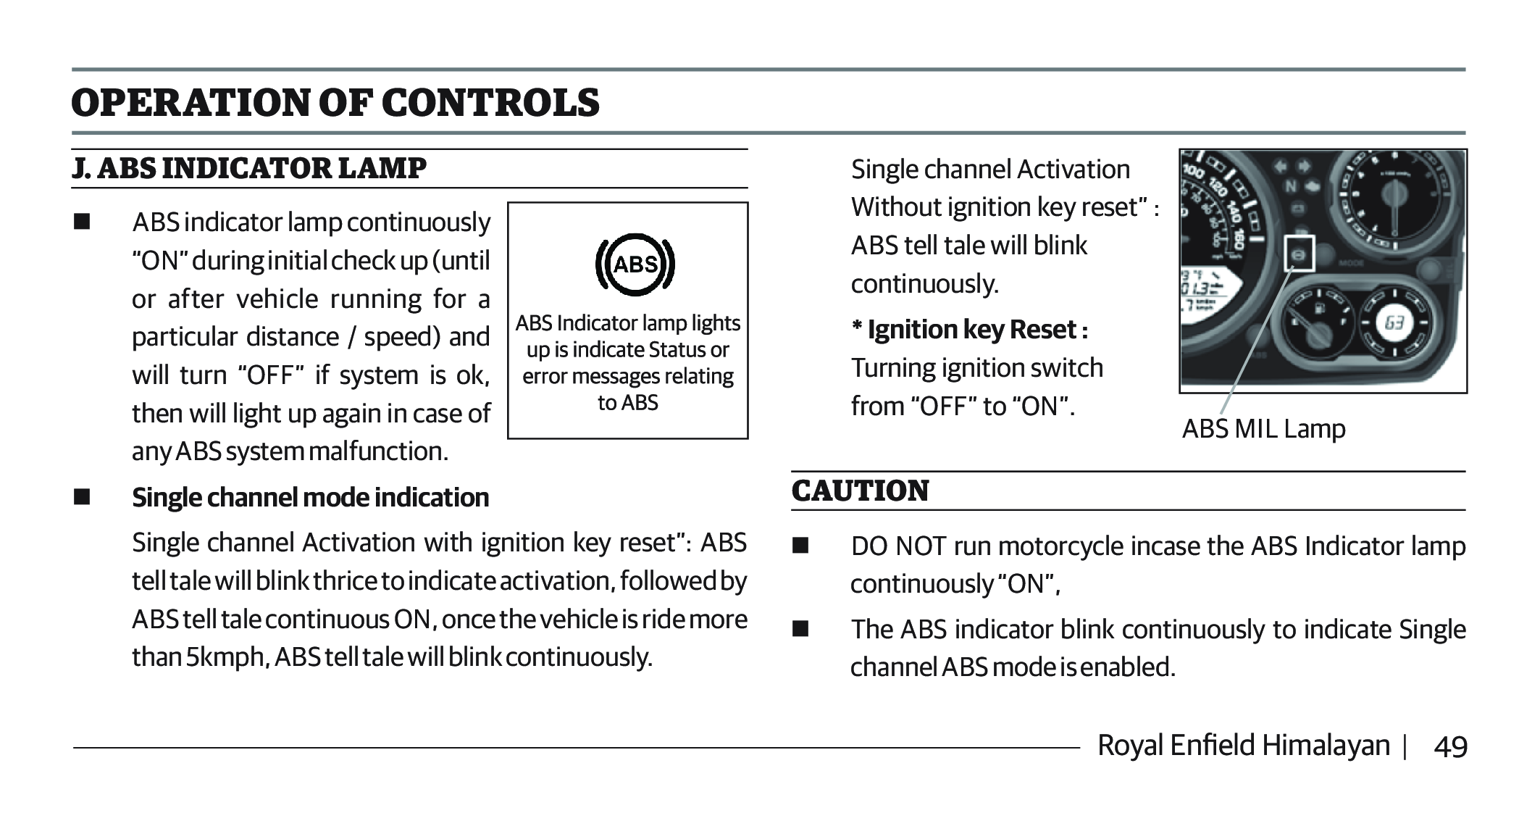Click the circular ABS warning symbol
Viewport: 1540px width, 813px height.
click(635, 265)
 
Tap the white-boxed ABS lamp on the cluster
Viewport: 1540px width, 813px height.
click(1299, 253)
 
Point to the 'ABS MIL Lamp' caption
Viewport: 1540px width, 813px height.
click(1263, 429)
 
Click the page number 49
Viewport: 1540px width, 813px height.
click(1450, 746)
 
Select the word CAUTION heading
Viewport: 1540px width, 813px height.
click(860, 491)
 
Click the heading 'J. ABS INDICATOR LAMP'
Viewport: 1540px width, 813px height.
click(249, 168)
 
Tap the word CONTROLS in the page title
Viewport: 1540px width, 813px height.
click(490, 102)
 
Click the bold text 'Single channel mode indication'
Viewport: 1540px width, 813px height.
click(310, 498)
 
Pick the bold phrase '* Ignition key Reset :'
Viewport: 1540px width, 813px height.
click(969, 330)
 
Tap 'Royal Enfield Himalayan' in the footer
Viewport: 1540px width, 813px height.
click(1244, 746)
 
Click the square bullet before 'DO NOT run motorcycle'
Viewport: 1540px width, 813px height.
click(800, 545)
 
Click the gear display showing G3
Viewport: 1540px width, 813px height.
click(1394, 323)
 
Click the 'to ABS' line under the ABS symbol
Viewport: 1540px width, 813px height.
click(627, 402)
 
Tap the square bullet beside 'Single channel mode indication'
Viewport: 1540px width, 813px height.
click(81, 498)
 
